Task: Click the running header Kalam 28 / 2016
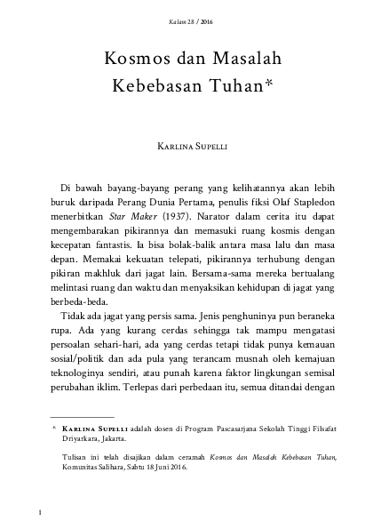pyautogui.click(x=186, y=20)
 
